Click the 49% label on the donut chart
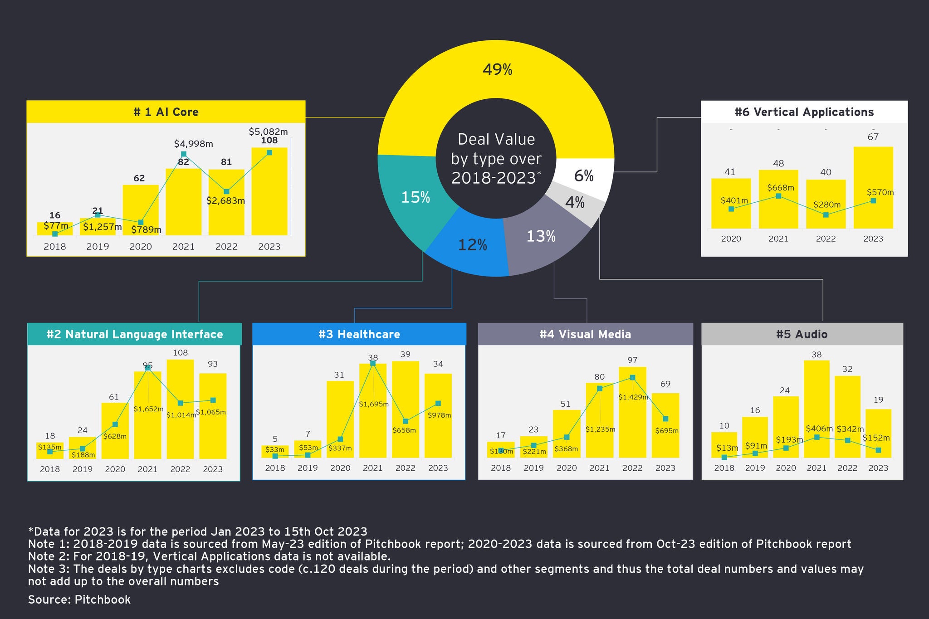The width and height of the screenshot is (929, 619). coord(497,70)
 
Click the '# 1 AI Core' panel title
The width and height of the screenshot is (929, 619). coord(166,112)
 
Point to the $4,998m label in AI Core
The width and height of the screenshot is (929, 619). coord(193,144)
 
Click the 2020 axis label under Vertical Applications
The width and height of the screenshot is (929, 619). coord(731,239)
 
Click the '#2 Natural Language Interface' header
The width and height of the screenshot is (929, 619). coord(135,334)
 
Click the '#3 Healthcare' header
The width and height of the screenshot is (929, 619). coord(359,334)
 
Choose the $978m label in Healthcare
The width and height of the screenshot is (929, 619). coord(439,415)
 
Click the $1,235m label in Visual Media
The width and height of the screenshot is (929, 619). coord(600,429)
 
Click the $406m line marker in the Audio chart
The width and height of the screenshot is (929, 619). coord(817,437)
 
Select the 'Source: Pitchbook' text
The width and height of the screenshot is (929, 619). coord(79,600)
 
